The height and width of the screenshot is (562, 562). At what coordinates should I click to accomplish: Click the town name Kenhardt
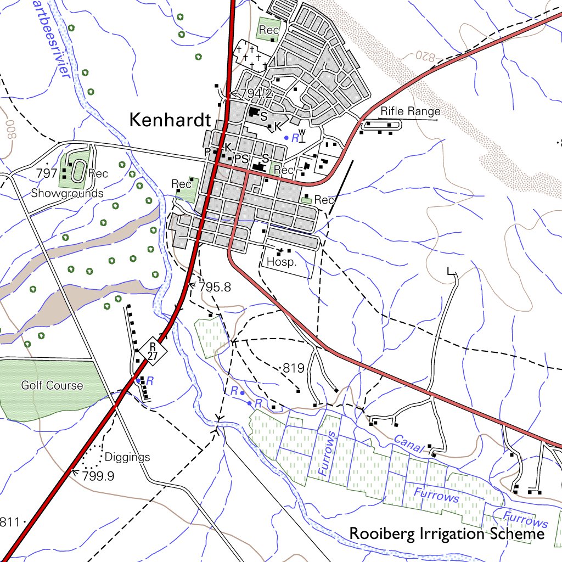point(170,120)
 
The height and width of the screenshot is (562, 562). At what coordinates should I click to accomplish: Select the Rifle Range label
point(411,112)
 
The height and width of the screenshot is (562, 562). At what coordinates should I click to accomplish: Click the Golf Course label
point(52,386)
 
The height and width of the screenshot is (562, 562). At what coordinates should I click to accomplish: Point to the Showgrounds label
point(67,193)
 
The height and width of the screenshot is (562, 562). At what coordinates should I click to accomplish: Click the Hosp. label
point(282,262)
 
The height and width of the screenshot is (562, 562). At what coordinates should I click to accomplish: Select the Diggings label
point(127,457)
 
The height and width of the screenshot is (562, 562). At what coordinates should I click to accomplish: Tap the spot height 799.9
point(98,476)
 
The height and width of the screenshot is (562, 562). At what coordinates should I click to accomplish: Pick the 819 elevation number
point(293,368)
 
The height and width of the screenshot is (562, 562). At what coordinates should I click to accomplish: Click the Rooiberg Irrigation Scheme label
point(447,533)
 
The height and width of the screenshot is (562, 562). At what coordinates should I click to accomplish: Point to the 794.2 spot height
point(257,94)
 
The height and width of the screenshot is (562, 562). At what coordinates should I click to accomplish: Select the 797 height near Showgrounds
point(47,173)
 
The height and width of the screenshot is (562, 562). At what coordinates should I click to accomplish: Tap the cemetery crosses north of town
point(251,57)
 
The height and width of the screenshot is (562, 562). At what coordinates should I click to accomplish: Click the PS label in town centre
point(241,159)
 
